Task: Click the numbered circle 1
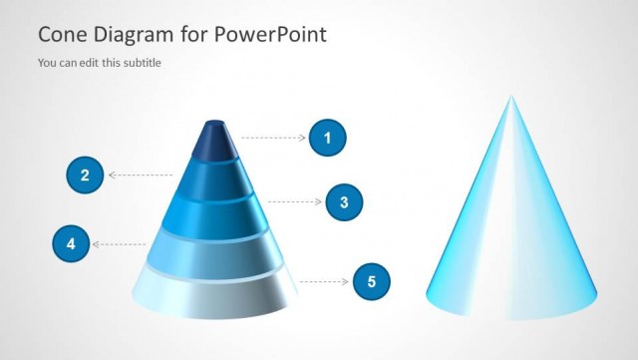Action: tap(327, 138)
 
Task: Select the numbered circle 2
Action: tap(85, 176)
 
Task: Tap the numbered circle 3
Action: tap(344, 202)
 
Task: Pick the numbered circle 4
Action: tap(70, 243)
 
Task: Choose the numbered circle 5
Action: tap(372, 282)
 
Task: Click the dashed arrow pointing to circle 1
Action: tap(274, 138)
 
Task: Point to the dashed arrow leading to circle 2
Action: tap(140, 176)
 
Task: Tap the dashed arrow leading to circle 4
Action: tap(120, 243)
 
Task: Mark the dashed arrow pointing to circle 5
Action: tap(324, 282)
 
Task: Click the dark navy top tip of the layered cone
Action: tap(215, 141)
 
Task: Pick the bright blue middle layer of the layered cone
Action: tap(215, 214)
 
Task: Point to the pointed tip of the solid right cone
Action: tap(511, 100)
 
